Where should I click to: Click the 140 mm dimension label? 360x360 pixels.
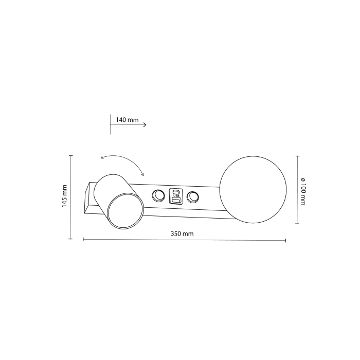tap(127, 120)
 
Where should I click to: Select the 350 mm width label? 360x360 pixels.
tap(182, 233)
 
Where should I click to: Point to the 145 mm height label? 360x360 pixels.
tap(65, 195)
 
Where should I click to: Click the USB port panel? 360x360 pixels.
tap(176, 196)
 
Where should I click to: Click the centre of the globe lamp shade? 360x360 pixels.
tap(253, 190)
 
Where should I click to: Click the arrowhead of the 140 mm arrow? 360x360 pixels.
tap(146, 125)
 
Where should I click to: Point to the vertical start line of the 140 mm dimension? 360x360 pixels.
tap(111, 125)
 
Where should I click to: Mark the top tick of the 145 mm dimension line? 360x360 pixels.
tap(70, 155)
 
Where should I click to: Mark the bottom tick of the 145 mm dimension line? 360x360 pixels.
tap(70, 239)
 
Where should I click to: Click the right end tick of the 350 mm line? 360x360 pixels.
tap(285, 240)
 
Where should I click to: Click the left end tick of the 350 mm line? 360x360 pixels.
tap(83, 239)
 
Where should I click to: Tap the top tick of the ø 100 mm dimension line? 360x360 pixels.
tap(297, 155)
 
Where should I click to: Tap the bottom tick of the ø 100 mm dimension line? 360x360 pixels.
tap(297, 224)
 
